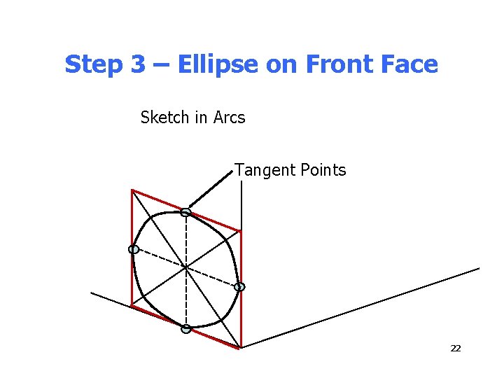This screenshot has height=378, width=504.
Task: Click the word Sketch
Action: click(164, 118)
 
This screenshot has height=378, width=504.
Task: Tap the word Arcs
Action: click(230, 118)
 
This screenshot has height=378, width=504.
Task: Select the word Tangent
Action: click(260, 170)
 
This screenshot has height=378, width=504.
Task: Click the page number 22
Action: click(455, 348)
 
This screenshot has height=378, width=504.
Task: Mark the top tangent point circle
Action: click(185, 212)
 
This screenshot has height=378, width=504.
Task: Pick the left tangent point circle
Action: click(133, 249)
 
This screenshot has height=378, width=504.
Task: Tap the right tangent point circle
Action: click(239, 287)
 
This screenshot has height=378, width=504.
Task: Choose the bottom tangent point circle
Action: click(185, 328)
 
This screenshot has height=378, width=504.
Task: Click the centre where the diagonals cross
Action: click(185, 267)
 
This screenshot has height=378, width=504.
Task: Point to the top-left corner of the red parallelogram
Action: click(132, 190)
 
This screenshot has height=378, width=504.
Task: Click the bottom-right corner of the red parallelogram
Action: click(240, 346)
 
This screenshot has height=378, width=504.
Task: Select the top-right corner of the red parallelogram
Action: click(240, 230)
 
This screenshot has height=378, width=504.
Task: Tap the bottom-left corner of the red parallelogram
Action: click(132, 305)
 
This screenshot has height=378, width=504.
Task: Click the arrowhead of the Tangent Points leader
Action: click(190, 206)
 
